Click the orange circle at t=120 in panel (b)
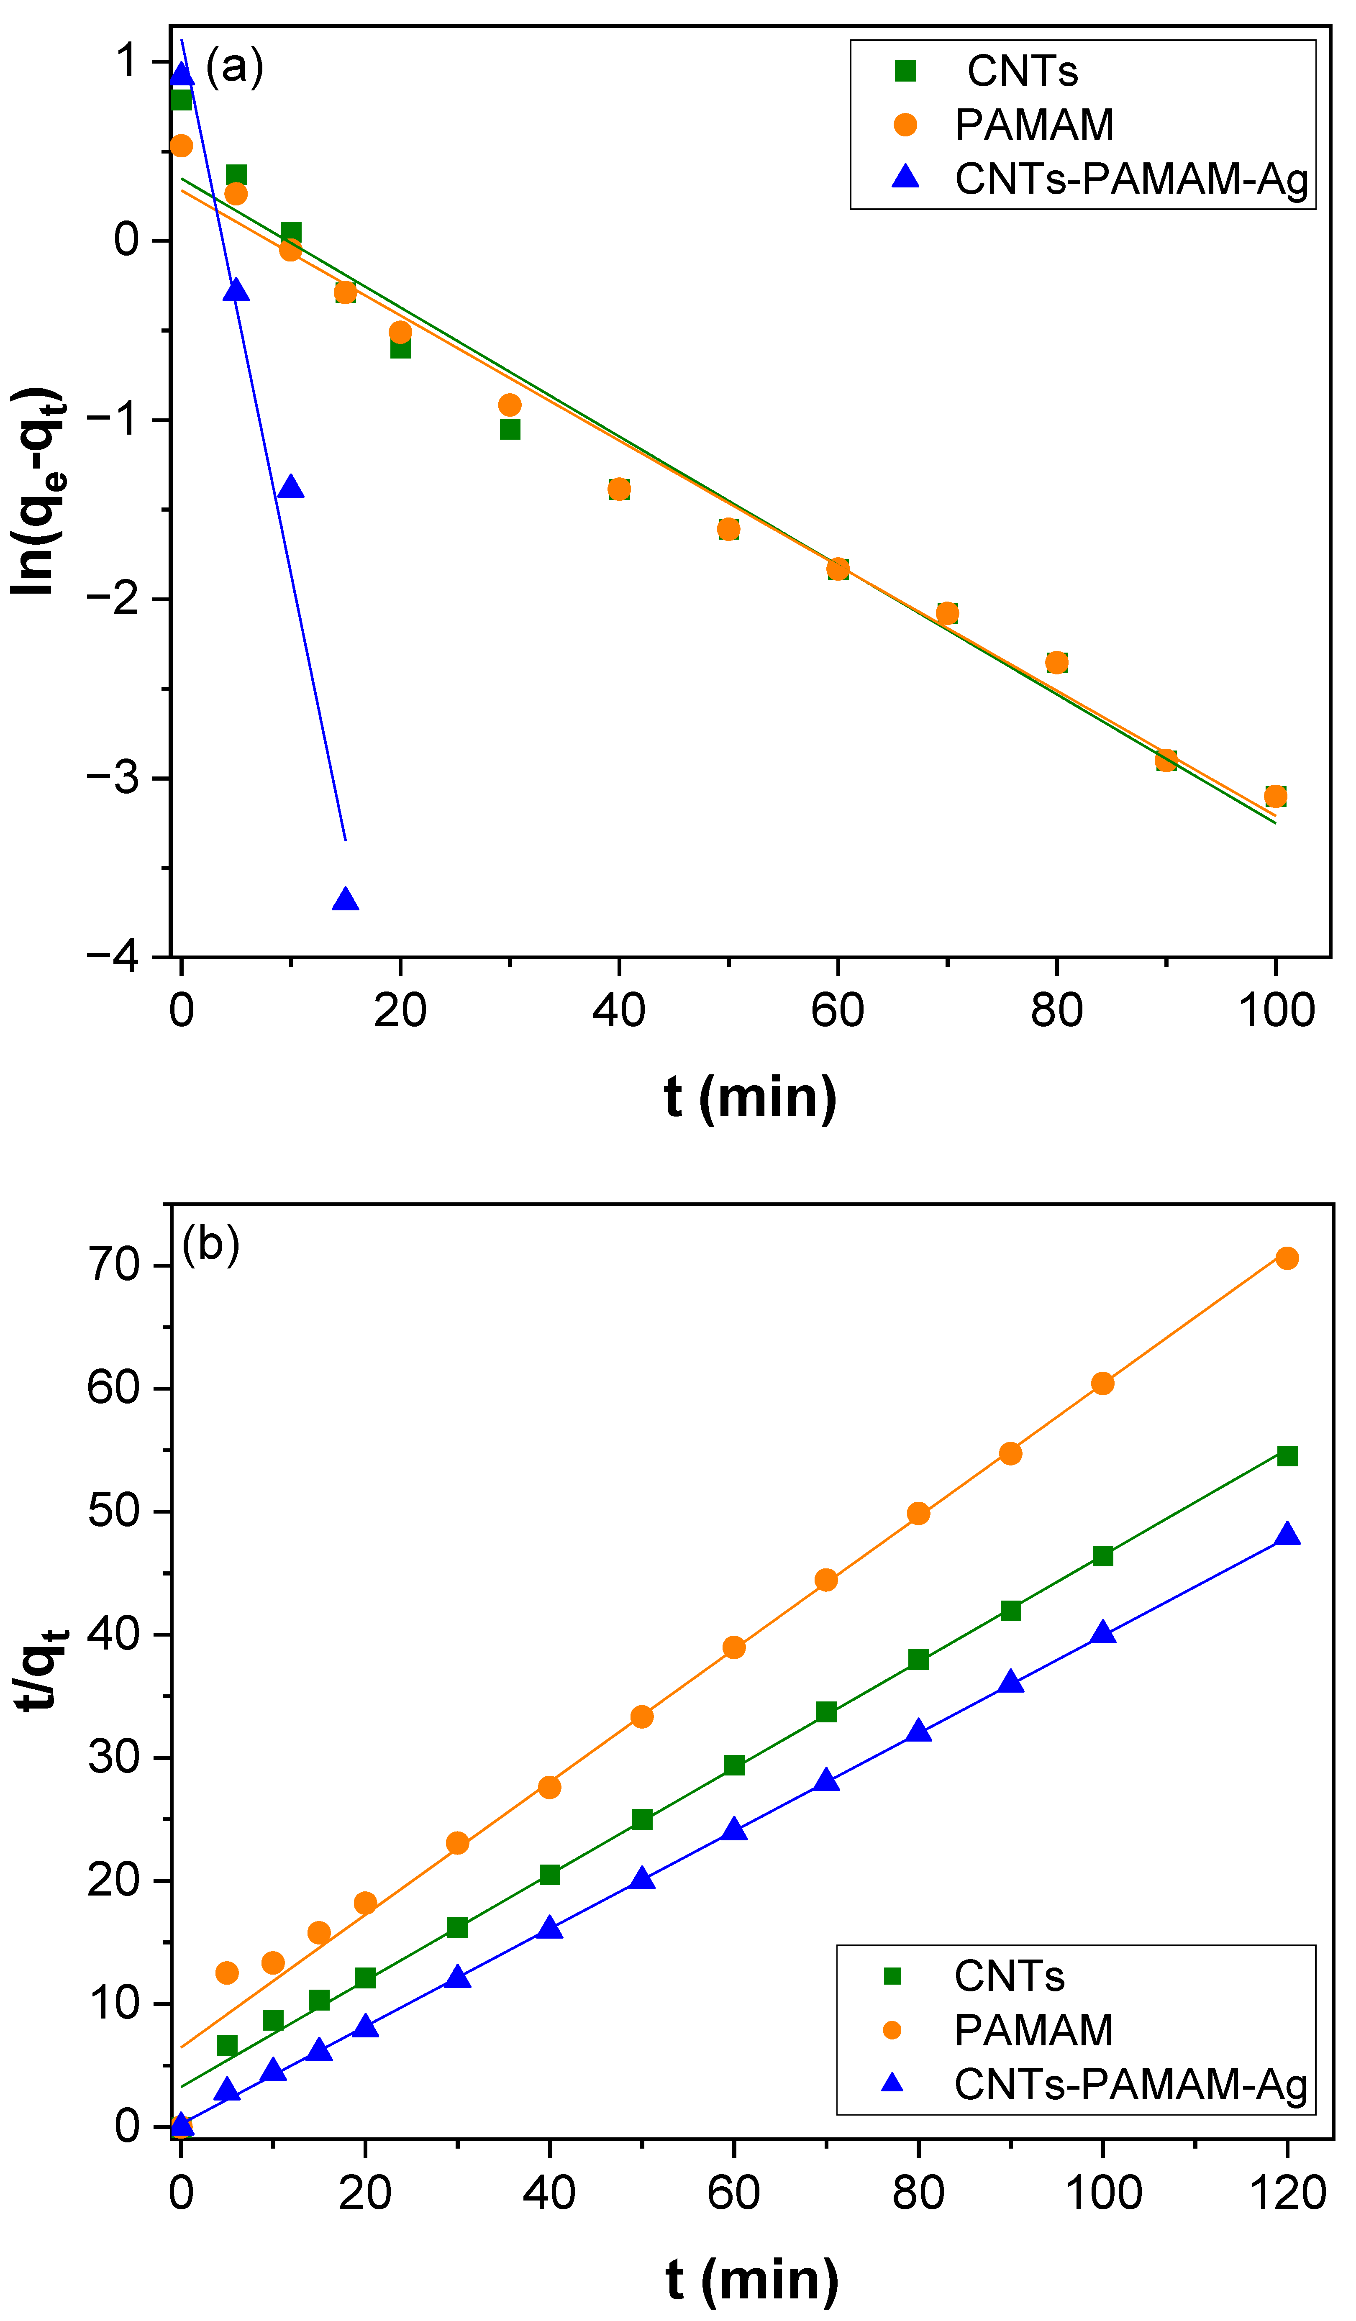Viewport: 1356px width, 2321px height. pyautogui.click(x=1287, y=1258)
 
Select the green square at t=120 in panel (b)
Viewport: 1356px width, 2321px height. pyautogui.click(x=1287, y=1455)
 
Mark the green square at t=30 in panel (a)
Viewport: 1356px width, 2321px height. pyautogui.click(x=510, y=429)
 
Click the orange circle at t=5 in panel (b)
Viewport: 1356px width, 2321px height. pyautogui.click(x=227, y=1973)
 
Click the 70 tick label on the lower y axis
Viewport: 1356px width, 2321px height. pyautogui.click(x=114, y=1265)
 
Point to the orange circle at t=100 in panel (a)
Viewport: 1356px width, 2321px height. pyautogui.click(x=1275, y=796)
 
